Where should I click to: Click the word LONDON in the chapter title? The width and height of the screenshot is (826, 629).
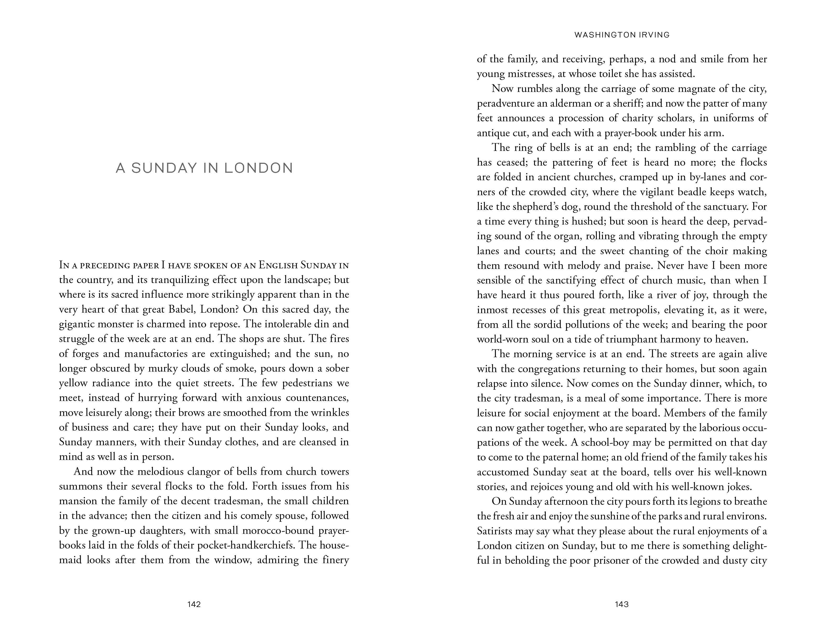pyautogui.click(x=259, y=168)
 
